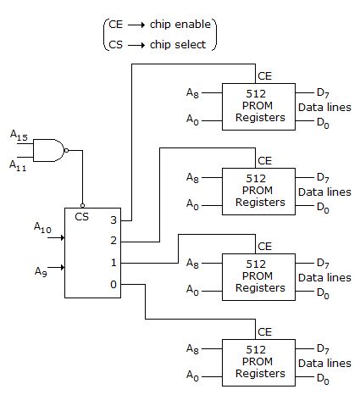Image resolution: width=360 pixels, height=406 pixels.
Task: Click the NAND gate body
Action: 48,150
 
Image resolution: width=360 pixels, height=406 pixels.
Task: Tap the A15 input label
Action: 19,135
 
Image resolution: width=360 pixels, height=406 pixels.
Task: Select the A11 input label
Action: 18,165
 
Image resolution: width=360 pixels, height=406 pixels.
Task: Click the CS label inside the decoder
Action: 81,217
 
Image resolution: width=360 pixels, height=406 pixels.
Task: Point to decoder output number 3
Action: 114,220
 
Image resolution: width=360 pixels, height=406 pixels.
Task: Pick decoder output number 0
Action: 114,284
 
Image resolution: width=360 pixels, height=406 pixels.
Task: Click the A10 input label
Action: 42,227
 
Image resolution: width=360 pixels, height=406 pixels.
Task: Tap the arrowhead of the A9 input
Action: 63,267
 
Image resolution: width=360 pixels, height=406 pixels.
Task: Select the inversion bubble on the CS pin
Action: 82,205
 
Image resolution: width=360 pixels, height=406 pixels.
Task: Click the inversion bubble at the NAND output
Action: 67,150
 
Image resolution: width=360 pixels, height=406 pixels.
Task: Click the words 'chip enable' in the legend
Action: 180,25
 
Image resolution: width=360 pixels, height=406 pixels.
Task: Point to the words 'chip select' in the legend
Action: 178,45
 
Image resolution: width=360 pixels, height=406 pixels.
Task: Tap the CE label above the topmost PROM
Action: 264,76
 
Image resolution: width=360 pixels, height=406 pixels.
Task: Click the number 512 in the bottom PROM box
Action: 256,350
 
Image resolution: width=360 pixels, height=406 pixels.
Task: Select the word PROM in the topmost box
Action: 258,105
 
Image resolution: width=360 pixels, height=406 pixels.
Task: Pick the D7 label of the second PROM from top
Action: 323,178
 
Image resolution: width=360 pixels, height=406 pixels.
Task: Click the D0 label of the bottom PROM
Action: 323,379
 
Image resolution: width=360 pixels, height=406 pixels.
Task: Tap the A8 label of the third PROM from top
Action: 192,264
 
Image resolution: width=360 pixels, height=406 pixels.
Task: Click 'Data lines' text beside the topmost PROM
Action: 324,108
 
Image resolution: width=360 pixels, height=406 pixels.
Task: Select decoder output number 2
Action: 114,241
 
